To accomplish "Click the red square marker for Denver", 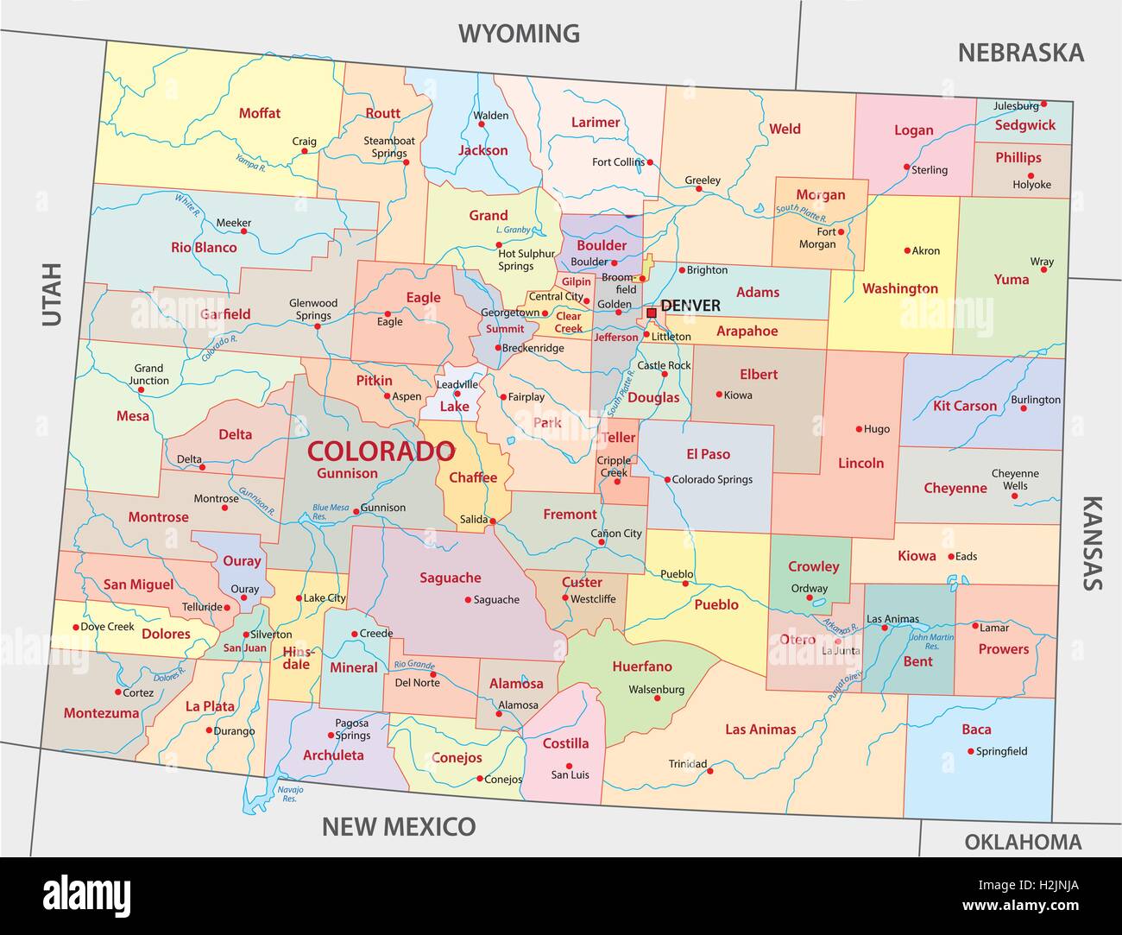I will pyautogui.click(x=652, y=313).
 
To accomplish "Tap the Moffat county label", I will pyautogui.click(x=260, y=113).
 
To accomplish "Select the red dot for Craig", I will pyautogui.click(x=305, y=151).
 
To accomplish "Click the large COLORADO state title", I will pyautogui.click(x=381, y=451).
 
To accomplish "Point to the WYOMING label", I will pyautogui.click(x=519, y=34).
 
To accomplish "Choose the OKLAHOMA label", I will pyautogui.click(x=1022, y=842).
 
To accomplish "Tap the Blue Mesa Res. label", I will pyautogui.click(x=331, y=512).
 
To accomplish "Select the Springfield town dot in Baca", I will pyautogui.click(x=971, y=751).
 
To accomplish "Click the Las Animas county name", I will pyautogui.click(x=760, y=730).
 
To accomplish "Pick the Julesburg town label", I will pyautogui.click(x=1016, y=106).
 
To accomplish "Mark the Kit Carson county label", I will pyautogui.click(x=964, y=406).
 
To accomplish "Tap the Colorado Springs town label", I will pyautogui.click(x=712, y=479).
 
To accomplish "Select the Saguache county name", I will pyautogui.click(x=450, y=578).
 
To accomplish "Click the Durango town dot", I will pyautogui.click(x=209, y=730).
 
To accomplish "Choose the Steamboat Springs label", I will pyautogui.click(x=388, y=147).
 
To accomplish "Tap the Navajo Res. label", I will pyautogui.click(x=285, y=793).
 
